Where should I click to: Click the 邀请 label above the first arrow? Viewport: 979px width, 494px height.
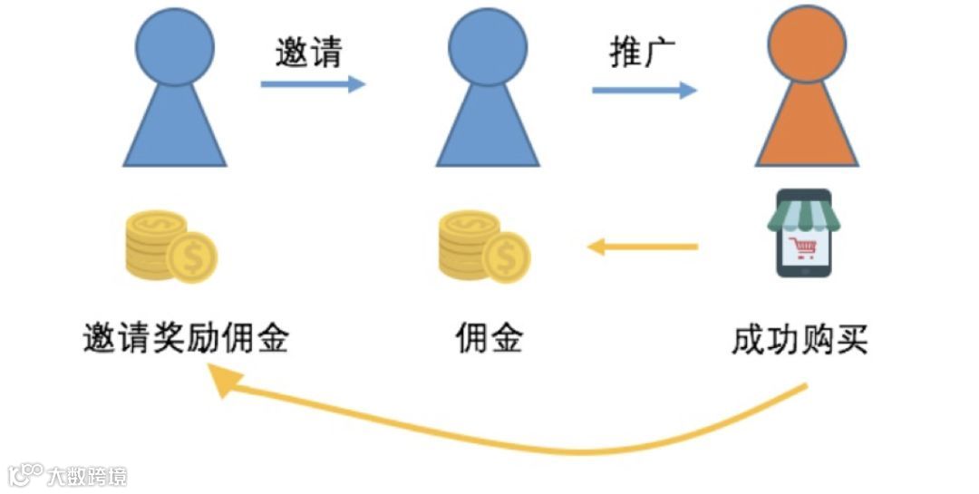pos(308,53)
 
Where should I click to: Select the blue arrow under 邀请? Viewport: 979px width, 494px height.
pos(313,84)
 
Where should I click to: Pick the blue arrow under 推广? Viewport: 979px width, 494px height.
pos(645,90)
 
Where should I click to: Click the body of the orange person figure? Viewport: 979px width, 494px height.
pos(806,127)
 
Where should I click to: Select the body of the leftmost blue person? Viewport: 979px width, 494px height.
pos(175,127)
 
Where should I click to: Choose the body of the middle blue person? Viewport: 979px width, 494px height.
pos(488,127)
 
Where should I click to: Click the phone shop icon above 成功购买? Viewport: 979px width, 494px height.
pos(800,233)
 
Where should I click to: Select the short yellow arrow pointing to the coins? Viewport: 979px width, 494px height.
pos(643,246)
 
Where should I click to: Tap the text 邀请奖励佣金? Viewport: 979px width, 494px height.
pos(185,340)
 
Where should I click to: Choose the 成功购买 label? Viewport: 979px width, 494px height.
pos(800,340)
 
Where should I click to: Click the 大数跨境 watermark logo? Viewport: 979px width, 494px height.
pos(68,475)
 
